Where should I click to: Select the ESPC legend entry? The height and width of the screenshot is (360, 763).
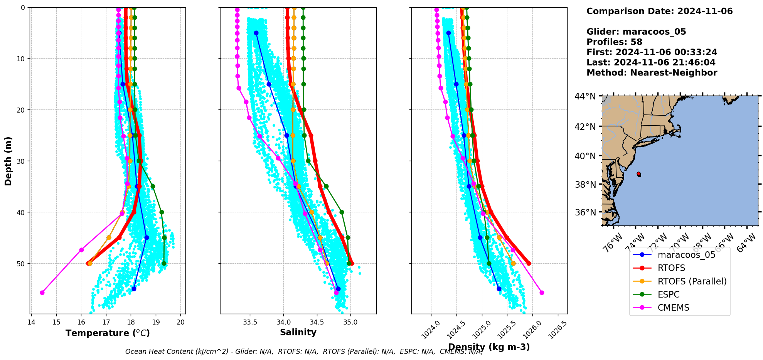[669, 294]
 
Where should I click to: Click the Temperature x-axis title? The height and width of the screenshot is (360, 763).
[108, 333]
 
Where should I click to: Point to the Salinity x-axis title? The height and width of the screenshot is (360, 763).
[298, 332]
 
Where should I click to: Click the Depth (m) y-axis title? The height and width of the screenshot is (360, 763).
[8, 161]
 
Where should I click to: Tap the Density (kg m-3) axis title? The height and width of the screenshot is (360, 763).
[489, 347]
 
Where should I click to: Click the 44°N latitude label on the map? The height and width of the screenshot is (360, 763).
[585, 96]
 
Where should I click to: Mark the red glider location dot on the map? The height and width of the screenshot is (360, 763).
[639, 174]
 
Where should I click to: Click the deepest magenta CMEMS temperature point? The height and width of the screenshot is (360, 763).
[42, 293]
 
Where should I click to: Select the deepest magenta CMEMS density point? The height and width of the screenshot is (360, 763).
[542, 293]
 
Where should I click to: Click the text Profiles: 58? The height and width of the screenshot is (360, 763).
[614, 42]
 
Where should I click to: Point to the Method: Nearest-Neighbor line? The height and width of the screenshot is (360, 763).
[652, 73]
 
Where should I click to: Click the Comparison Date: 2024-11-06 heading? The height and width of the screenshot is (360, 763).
[659, 11]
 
